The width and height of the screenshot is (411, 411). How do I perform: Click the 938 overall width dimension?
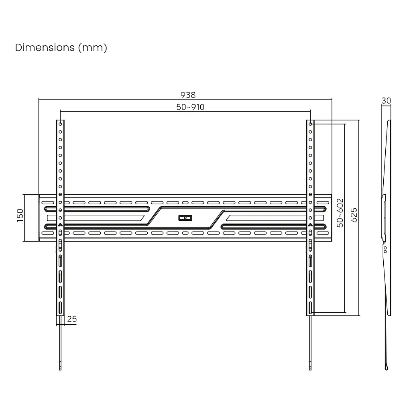point(188,95)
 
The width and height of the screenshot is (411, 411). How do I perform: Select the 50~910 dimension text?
point(190,107)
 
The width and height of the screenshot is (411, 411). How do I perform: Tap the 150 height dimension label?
point(20,216)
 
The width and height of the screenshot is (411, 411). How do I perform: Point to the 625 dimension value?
point(354,215)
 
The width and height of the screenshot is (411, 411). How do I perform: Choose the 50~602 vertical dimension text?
point(340,213)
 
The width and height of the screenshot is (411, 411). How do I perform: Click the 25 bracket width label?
point(72,319)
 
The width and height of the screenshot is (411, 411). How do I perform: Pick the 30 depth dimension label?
point(386,101)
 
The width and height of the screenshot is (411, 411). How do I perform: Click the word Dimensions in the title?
point(45,47)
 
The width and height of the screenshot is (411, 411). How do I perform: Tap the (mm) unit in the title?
point(93,48)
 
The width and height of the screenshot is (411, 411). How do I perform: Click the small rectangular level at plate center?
point(185,218)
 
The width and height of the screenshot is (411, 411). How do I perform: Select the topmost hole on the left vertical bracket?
point(60,124)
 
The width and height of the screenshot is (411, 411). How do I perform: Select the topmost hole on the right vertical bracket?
point(310,124)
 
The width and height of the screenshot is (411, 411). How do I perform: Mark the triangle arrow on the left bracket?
point(60,225)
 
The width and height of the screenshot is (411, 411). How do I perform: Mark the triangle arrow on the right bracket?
point(310,225)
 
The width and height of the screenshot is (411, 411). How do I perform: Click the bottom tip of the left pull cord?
point(60,370)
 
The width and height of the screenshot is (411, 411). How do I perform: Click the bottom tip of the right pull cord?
point(310,370)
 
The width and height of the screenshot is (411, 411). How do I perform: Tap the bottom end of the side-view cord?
point(387,369)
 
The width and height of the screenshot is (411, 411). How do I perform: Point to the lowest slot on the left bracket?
point(60,308)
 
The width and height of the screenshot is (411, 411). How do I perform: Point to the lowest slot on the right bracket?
point(310,308)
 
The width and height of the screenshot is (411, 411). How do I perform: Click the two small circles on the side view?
point(385,250)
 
